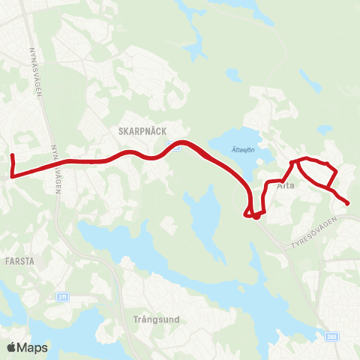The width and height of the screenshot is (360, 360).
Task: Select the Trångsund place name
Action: pyautogui.click(x=155, y=319)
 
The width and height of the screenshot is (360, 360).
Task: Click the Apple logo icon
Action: pyautogui.click(x=13, y=347)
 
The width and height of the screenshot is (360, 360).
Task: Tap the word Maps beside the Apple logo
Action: pyautogui.click(x=33, y=347)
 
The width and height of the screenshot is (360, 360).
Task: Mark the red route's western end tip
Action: pyautogui.click(x=12, y=155)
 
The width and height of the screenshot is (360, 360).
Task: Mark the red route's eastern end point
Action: pyautogui.click(x=347, y=203)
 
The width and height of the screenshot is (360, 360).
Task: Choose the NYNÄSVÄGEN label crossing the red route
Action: pyautogui.click(x=55, y=169)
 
